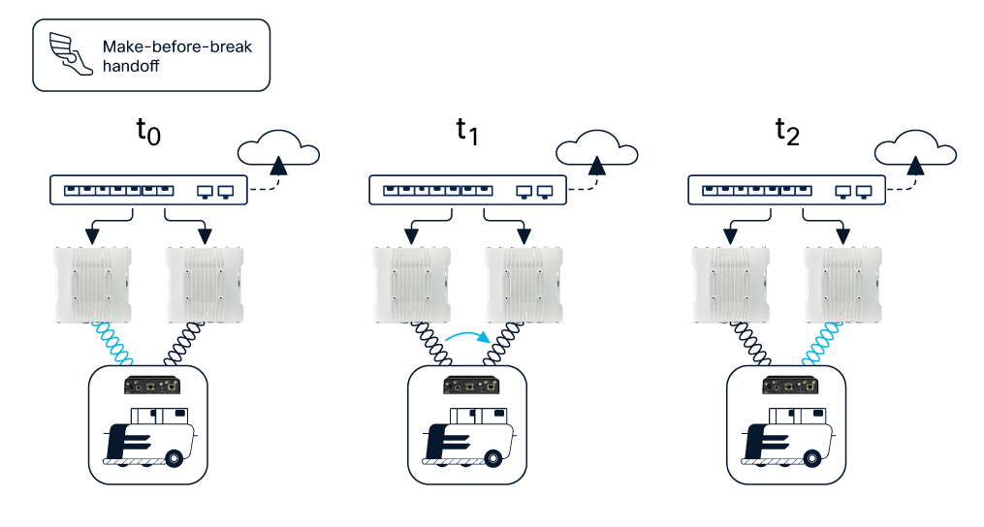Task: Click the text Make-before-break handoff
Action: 176,56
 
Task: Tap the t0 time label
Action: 147,133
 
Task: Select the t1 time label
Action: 467,133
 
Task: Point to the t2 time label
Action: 786,133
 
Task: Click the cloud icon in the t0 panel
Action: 278,149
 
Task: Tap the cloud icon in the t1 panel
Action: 596,149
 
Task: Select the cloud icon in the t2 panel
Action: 915,149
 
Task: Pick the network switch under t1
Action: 467,191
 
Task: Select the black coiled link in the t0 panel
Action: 180,343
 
